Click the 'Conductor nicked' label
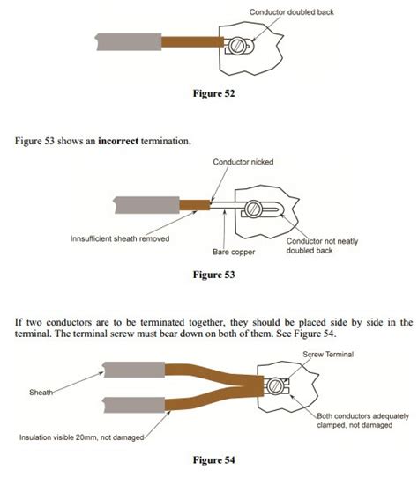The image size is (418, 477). click(x=242, y=163)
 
